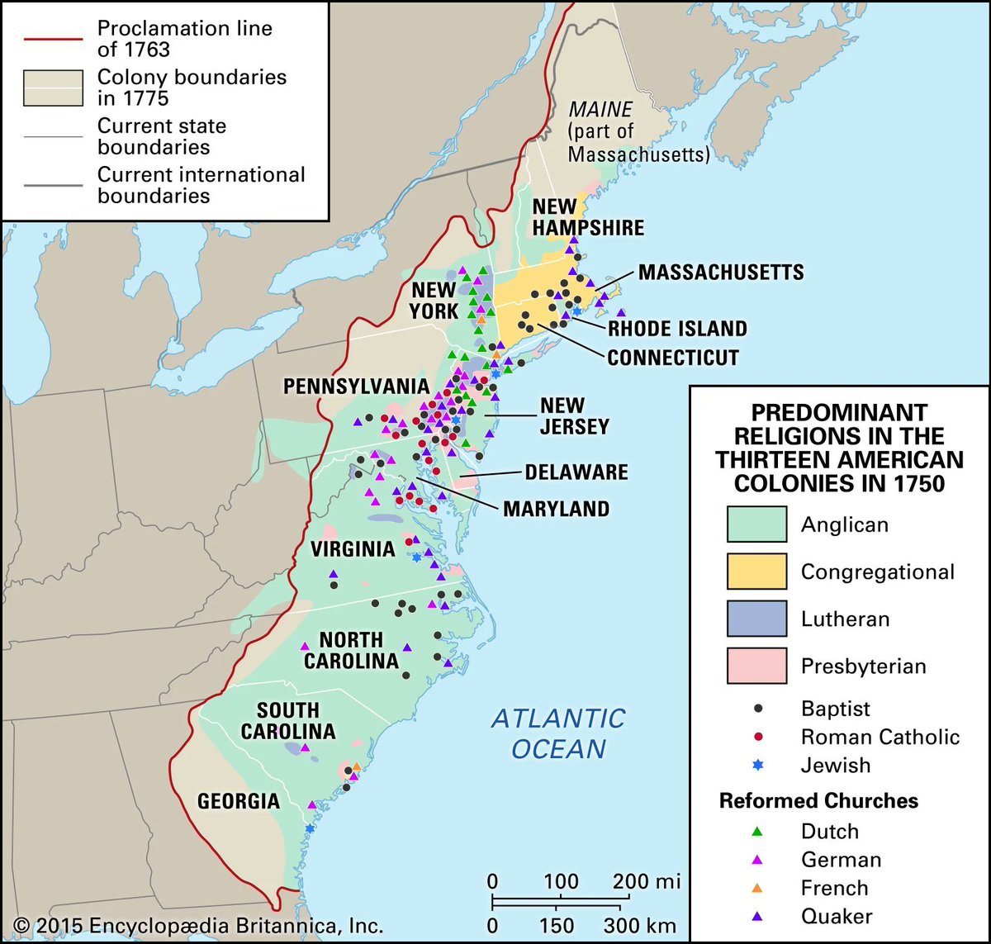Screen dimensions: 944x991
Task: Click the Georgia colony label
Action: (238, 801)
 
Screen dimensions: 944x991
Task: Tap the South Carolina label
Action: (287, 720)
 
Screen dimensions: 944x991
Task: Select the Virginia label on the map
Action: (353, 549)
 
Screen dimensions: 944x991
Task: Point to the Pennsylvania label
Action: (356, 387)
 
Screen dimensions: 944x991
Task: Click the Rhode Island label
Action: (677, 329)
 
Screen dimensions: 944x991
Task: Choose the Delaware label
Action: (576, 472)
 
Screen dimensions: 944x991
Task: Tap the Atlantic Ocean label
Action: (558, 733)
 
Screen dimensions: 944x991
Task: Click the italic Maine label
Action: (601, 109)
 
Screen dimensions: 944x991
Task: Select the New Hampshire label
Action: (587, 217)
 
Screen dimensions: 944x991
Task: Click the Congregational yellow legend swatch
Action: (756, 572)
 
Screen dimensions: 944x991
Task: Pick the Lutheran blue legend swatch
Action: (756, 619)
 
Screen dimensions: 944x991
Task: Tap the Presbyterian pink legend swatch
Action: (756, 666)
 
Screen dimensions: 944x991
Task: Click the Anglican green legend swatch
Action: (756, 524)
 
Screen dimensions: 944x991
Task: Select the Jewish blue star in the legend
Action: (758, 765)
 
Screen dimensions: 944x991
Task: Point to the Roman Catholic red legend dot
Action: (758, 737)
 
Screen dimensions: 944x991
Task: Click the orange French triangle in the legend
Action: (758, 888)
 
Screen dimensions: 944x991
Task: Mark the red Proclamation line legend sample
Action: (53, 39)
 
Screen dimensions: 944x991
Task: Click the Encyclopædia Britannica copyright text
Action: (198, 926)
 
